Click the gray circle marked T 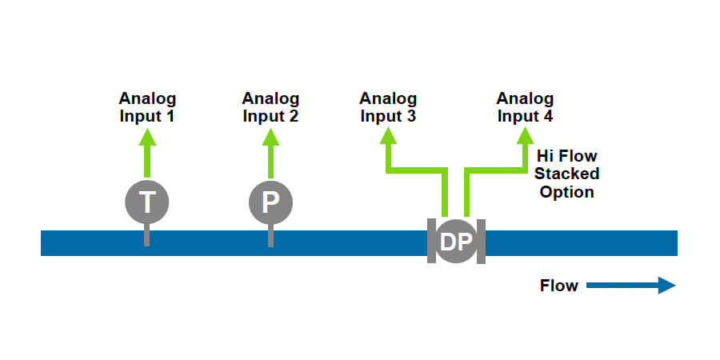[x=147, y=202]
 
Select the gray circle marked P [x=270, y=202]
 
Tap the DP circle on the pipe [x=456, y=241]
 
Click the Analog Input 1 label [x=147, y=106]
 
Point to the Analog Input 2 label [x=270, y=106]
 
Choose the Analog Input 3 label [x=388, y=106]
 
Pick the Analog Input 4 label [x=525, y=106]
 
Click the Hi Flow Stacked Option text [x=566, y=174]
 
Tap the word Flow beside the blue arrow [x=559, y=286]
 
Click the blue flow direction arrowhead [x=667, y=286]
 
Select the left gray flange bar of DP [x=431, y=240]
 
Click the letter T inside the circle [x=147, y=202]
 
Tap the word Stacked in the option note [x=566, y=174]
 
